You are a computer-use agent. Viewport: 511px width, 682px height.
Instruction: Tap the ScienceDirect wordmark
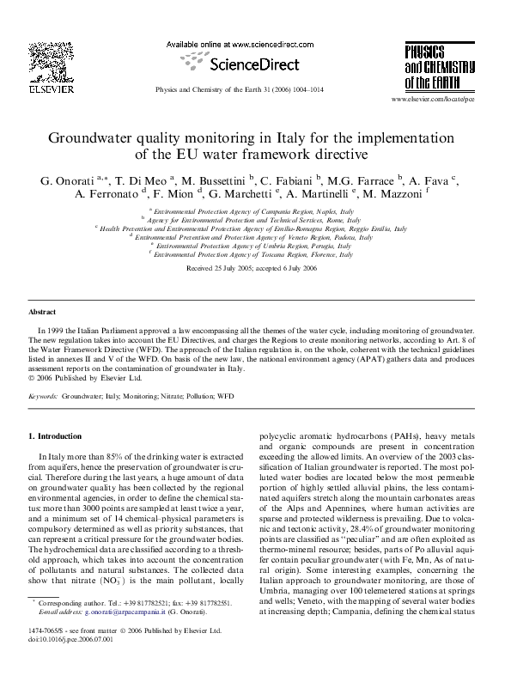coord(257,64)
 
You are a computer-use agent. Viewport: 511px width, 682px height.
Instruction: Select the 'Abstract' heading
coord(42,313)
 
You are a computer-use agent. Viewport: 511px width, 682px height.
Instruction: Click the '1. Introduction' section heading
coord(56,436)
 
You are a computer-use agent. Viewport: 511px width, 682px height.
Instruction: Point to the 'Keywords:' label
coord(43,398)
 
